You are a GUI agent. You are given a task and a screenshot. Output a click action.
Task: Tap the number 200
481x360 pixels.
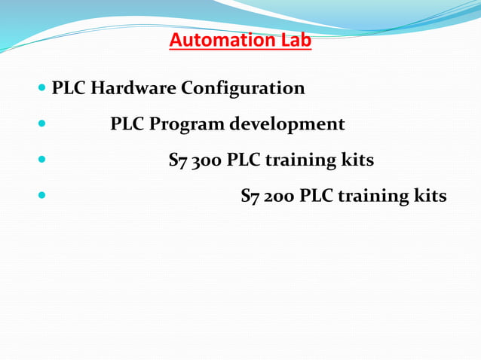[280, 197]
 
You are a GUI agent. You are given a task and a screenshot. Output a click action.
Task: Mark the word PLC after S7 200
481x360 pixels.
[316, 197]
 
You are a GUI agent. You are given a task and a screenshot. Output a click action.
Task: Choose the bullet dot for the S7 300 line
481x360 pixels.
[41, 160]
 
